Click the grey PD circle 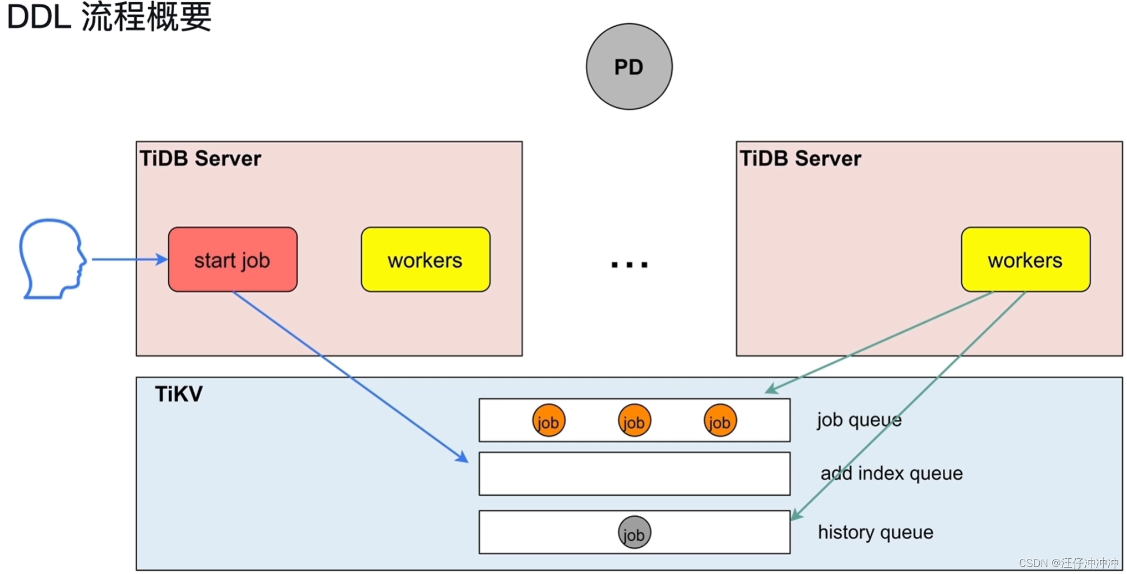[629, 67]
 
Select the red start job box [232, 260]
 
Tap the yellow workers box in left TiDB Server [425, 260]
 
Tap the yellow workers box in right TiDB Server [1025, 260]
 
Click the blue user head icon [51, 259]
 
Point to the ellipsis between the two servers [629, 264]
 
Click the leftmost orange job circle [549, 421]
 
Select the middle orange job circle [634, 421]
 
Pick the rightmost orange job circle [720, 421]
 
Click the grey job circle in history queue [634, 532]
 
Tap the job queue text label [859, 419]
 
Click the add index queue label [891, 473]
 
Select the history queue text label [875, 532]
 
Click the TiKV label [178, 394]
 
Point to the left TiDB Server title [201, 159]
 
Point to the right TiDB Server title [800, 159]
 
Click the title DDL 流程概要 [109, 17]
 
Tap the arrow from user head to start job [128, 259]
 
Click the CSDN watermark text [1068, 563]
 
